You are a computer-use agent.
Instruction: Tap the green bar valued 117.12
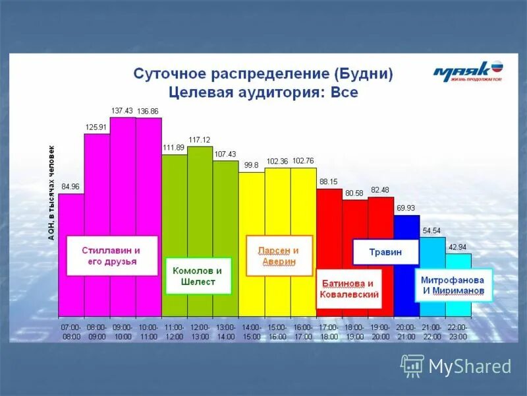pos(200,198)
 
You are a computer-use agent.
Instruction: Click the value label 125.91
pos(96,127)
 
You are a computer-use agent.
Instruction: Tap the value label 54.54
pos(431,230)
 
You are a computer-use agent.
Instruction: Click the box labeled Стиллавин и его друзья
pos(112,256)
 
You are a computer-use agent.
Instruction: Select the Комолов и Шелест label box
pos(198,276)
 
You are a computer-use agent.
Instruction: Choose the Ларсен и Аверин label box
pos(278,255)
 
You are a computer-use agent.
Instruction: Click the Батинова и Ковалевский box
pos(349,288)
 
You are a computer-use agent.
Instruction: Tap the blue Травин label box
pos(386,251)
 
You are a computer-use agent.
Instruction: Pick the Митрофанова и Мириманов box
pos(454,284)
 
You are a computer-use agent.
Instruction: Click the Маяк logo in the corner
pos(468,71)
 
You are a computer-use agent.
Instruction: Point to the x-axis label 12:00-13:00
pos(200,331)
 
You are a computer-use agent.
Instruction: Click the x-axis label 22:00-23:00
pos(457,331)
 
